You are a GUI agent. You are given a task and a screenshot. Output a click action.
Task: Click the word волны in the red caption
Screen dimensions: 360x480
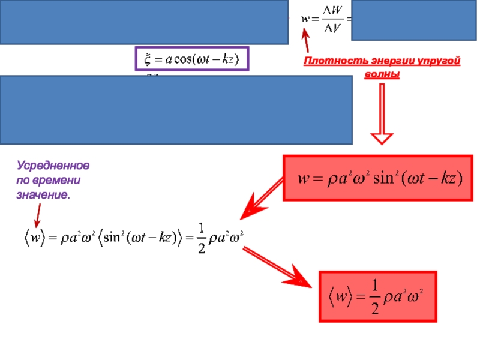coord(382,75)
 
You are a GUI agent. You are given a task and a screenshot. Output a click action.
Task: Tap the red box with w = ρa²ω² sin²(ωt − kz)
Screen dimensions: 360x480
coord(379,179)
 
